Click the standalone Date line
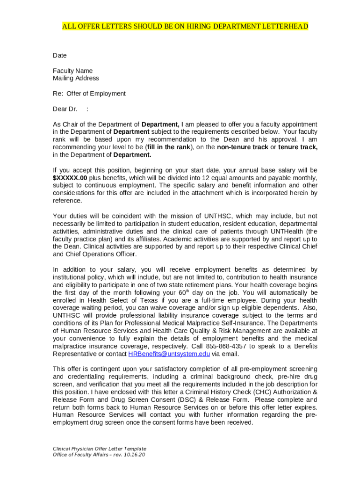60,56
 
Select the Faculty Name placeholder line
72,71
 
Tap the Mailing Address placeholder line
76,78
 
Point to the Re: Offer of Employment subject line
89,94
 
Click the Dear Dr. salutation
65,109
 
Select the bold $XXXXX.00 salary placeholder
70,178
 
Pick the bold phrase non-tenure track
242,147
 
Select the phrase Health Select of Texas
109,300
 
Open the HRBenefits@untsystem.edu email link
169,354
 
